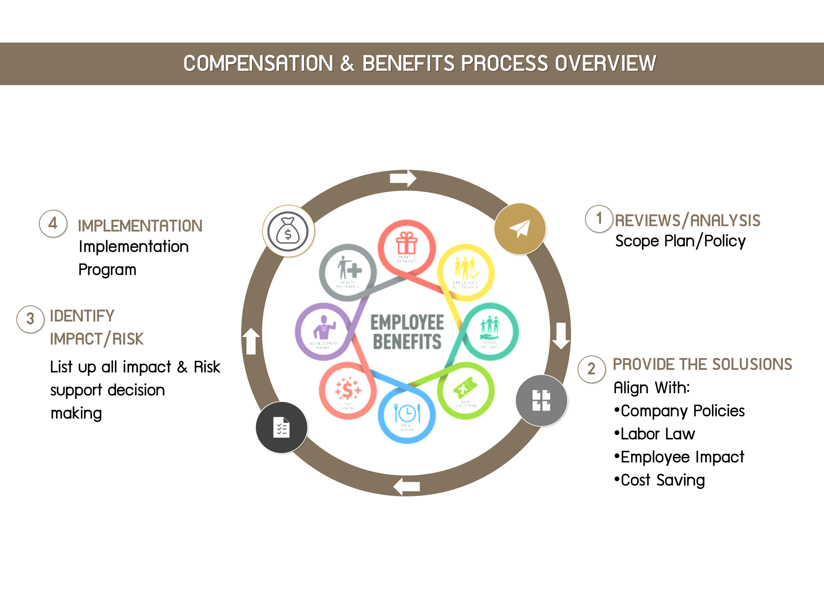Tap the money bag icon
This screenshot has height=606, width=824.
click(x=288, y=231)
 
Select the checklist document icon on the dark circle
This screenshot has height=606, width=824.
click(x=281, y=427)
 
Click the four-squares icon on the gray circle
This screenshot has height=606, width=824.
click(x=541, y=400)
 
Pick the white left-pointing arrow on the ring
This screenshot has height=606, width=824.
click(x=407, y=487)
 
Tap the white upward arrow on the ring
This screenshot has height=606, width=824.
click(x=251, y=341)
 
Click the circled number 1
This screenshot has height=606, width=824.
click(x=599, y=219)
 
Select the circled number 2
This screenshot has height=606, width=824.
click(x=592, y=369)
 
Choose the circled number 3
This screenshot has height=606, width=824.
click(x=31, y=319)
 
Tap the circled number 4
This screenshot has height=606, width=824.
click(x=53, y=223)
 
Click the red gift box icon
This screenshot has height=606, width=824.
click(x=406, y=243)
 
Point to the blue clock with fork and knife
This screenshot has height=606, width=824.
click(x=407, y=413)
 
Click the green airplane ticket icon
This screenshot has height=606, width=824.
click(x=465, y=388)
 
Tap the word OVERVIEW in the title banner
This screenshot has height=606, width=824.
click(x=605, y=63)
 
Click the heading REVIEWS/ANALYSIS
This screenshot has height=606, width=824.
click(x=687, y=221)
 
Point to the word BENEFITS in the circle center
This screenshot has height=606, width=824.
click(x=407, y=342)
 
